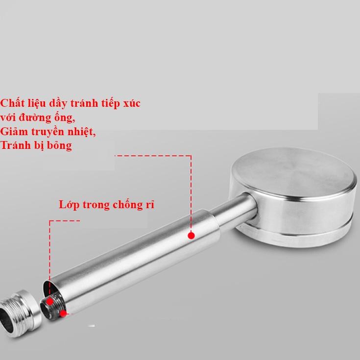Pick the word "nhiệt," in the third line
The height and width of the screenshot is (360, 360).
coord(80,132)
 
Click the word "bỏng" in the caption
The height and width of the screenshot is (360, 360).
coord(59,146)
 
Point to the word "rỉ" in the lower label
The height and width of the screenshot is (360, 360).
coord(150,205)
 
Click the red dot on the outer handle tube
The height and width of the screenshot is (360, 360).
coord(191,236)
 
